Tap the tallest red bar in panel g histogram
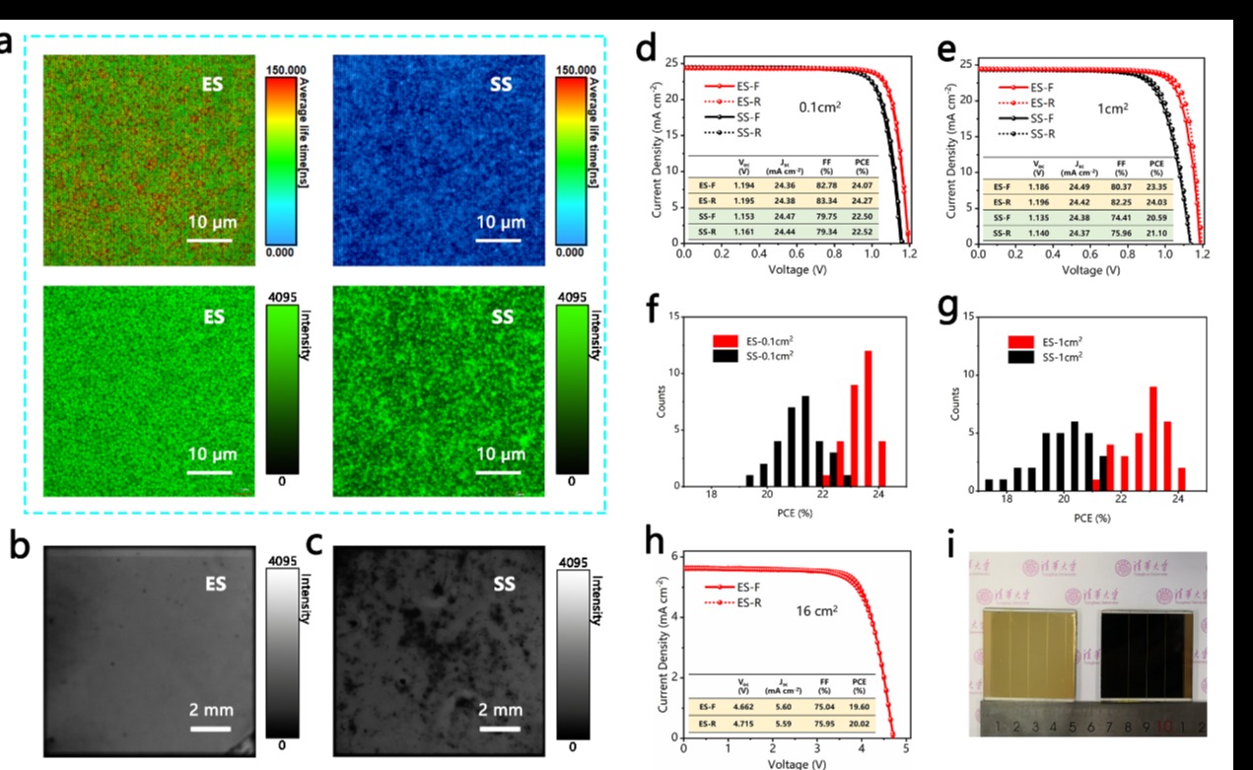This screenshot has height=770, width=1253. [x=1152, y=436]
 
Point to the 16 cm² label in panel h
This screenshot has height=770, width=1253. [x=817, y=611]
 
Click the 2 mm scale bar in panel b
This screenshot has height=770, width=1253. [x=211, y=730]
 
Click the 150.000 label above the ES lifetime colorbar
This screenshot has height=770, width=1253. [x=281, y=71]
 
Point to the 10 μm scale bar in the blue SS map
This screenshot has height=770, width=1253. [x=501, y=238]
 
